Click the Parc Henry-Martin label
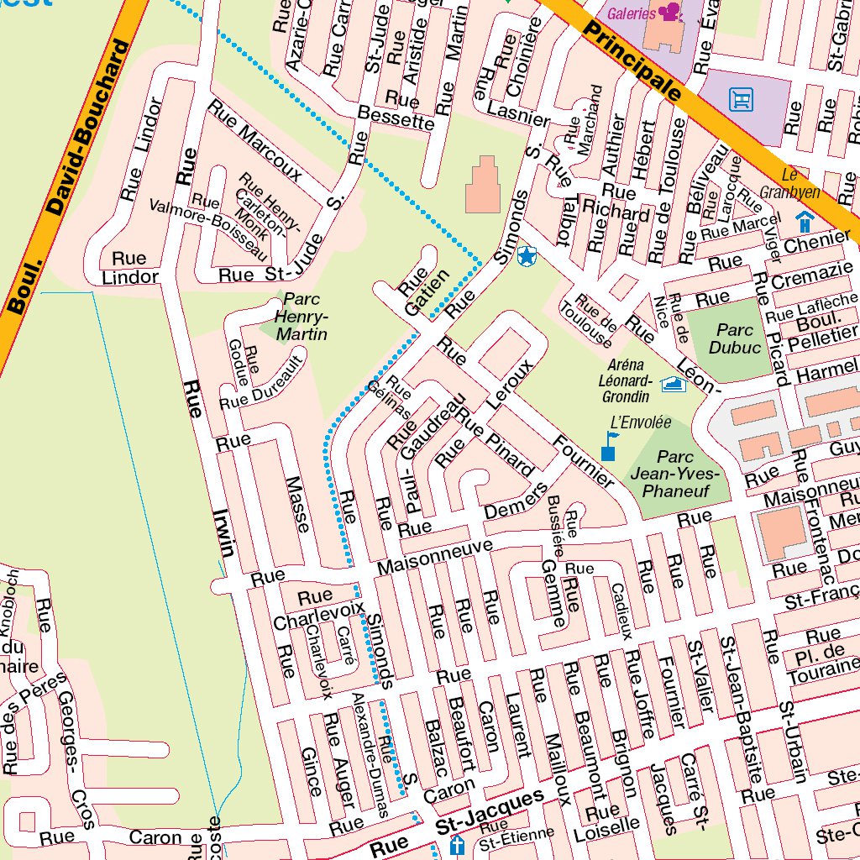click(302, 317)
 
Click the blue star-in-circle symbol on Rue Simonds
click(527, 257)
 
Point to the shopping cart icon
click(741, 100)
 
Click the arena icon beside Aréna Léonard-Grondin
click(674, 385)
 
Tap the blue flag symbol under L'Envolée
click(611, 446)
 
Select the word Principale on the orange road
click(632, 62)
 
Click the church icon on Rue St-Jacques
click(458, 844)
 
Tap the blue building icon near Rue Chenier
click(804, 222)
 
